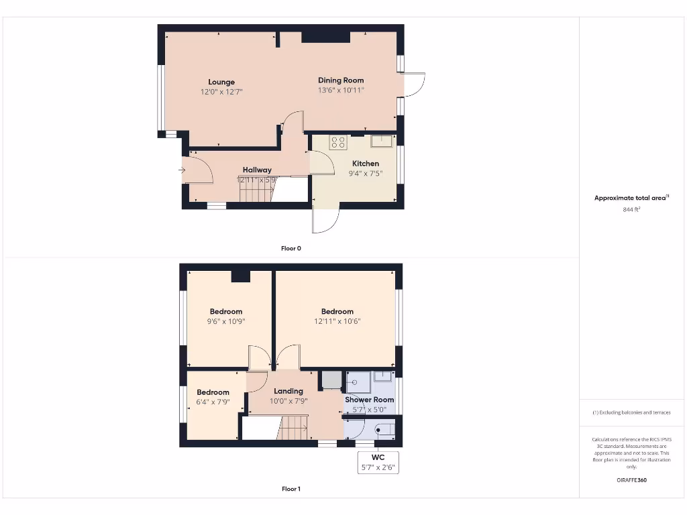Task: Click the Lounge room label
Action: click(x=221, y=82)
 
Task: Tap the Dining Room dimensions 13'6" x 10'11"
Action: click(x=341, y=90)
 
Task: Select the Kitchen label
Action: click(x=366, y=164)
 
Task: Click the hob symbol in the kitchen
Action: click(x=338, y=142)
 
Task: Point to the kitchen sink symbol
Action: click(x=382, y=141)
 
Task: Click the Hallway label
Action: click(x=257, y=170)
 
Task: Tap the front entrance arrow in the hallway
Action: click(x=182, y=170)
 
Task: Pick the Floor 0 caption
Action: click(x=291, y=248)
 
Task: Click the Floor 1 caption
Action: click(x=291, y=489)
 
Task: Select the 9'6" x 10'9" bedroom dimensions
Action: click(x=225, y=321)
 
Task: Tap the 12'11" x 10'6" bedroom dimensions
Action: click(x=337, y=321)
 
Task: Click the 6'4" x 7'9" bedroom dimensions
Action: click(x=213, y=402)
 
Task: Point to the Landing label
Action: click(x=288, y=391)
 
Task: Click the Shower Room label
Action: click(x=369, y=400)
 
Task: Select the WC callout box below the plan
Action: click(x=378, y=462)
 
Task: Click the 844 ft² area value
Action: click(x=631, y=210)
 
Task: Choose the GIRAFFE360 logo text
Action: click(x=631, y=480)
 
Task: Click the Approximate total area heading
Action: click(x=631, y=198)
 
